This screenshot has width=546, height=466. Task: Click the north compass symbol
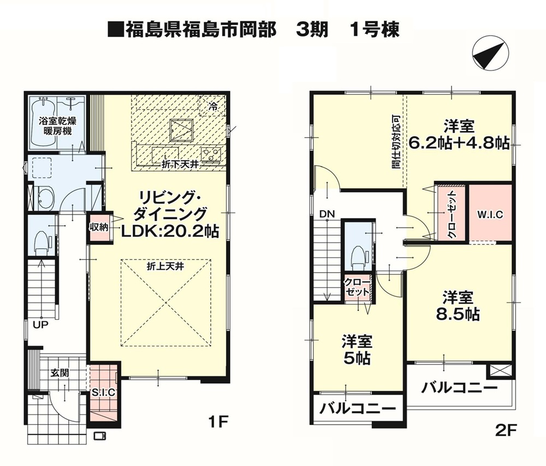click(490, 54)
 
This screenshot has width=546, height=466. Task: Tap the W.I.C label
click(490, 214)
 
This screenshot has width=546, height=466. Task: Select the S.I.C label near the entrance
click(103, 392)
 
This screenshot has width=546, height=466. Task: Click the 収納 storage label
click(99, 228)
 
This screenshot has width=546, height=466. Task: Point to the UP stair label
click(41, 325)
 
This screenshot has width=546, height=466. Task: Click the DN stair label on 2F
click(327, 214)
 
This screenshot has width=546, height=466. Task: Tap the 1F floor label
click(218, 422)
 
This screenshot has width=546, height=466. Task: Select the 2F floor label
click(505, 431)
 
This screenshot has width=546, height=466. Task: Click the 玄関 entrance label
click(60, 373)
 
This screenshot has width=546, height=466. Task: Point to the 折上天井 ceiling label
click(165, 267)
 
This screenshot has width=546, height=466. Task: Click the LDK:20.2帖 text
click(170, 231)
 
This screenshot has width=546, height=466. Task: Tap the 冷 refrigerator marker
click(212, 106)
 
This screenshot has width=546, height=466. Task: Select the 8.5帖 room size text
click(458, 314)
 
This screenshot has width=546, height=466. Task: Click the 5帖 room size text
click(357, 358)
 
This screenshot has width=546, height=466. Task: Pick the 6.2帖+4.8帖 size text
click(459, 142)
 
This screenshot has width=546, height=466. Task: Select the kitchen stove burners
click(211, 154)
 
